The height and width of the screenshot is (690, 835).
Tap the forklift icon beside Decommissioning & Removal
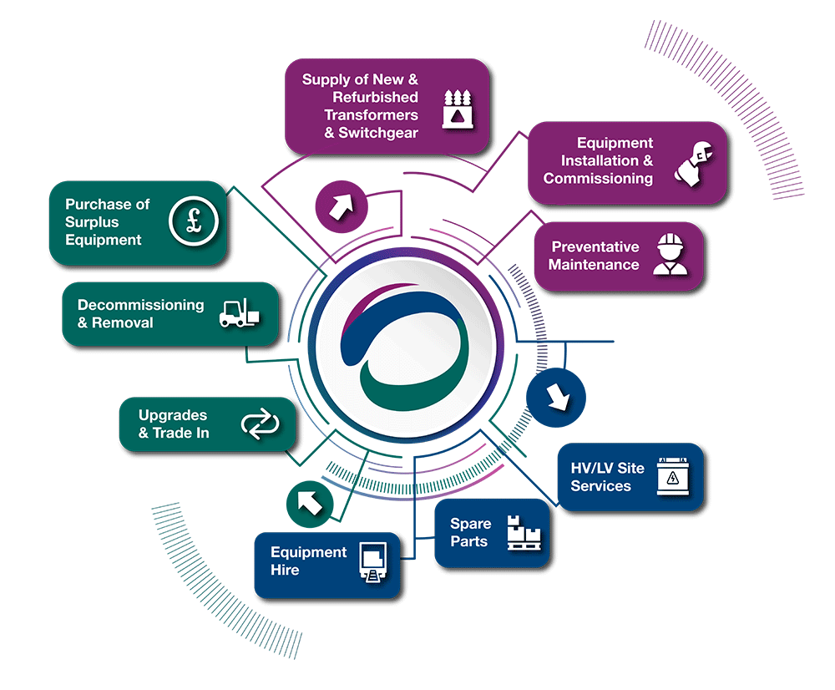[239, 313]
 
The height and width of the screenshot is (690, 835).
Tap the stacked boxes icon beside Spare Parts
[524, 532]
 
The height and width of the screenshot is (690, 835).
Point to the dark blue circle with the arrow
[557, 395]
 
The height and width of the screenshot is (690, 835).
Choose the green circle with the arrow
[310, 502]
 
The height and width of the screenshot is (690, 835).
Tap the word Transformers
[371, 115]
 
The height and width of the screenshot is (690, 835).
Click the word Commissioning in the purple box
[598, 178]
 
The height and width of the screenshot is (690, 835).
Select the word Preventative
[595, 247]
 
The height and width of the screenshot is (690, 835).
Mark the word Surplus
[92, 222]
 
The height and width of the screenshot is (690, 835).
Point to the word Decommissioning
[141, 305]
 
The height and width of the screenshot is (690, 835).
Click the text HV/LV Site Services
[607, 477]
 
